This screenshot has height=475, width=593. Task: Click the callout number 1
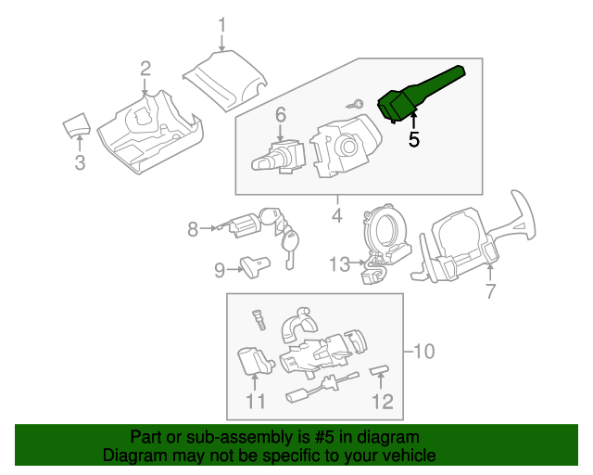222,23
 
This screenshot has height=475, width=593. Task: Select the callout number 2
145,67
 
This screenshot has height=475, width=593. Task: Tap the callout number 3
80,164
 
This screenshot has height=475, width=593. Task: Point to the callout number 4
336,216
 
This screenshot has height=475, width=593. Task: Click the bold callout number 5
413,139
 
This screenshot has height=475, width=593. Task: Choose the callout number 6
280,115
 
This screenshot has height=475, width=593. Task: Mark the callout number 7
490,291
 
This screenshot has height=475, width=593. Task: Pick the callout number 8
193,228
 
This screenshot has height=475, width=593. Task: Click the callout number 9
220,270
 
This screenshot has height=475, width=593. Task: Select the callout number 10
423,351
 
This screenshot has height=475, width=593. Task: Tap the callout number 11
256,401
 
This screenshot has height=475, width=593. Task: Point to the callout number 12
382,401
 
